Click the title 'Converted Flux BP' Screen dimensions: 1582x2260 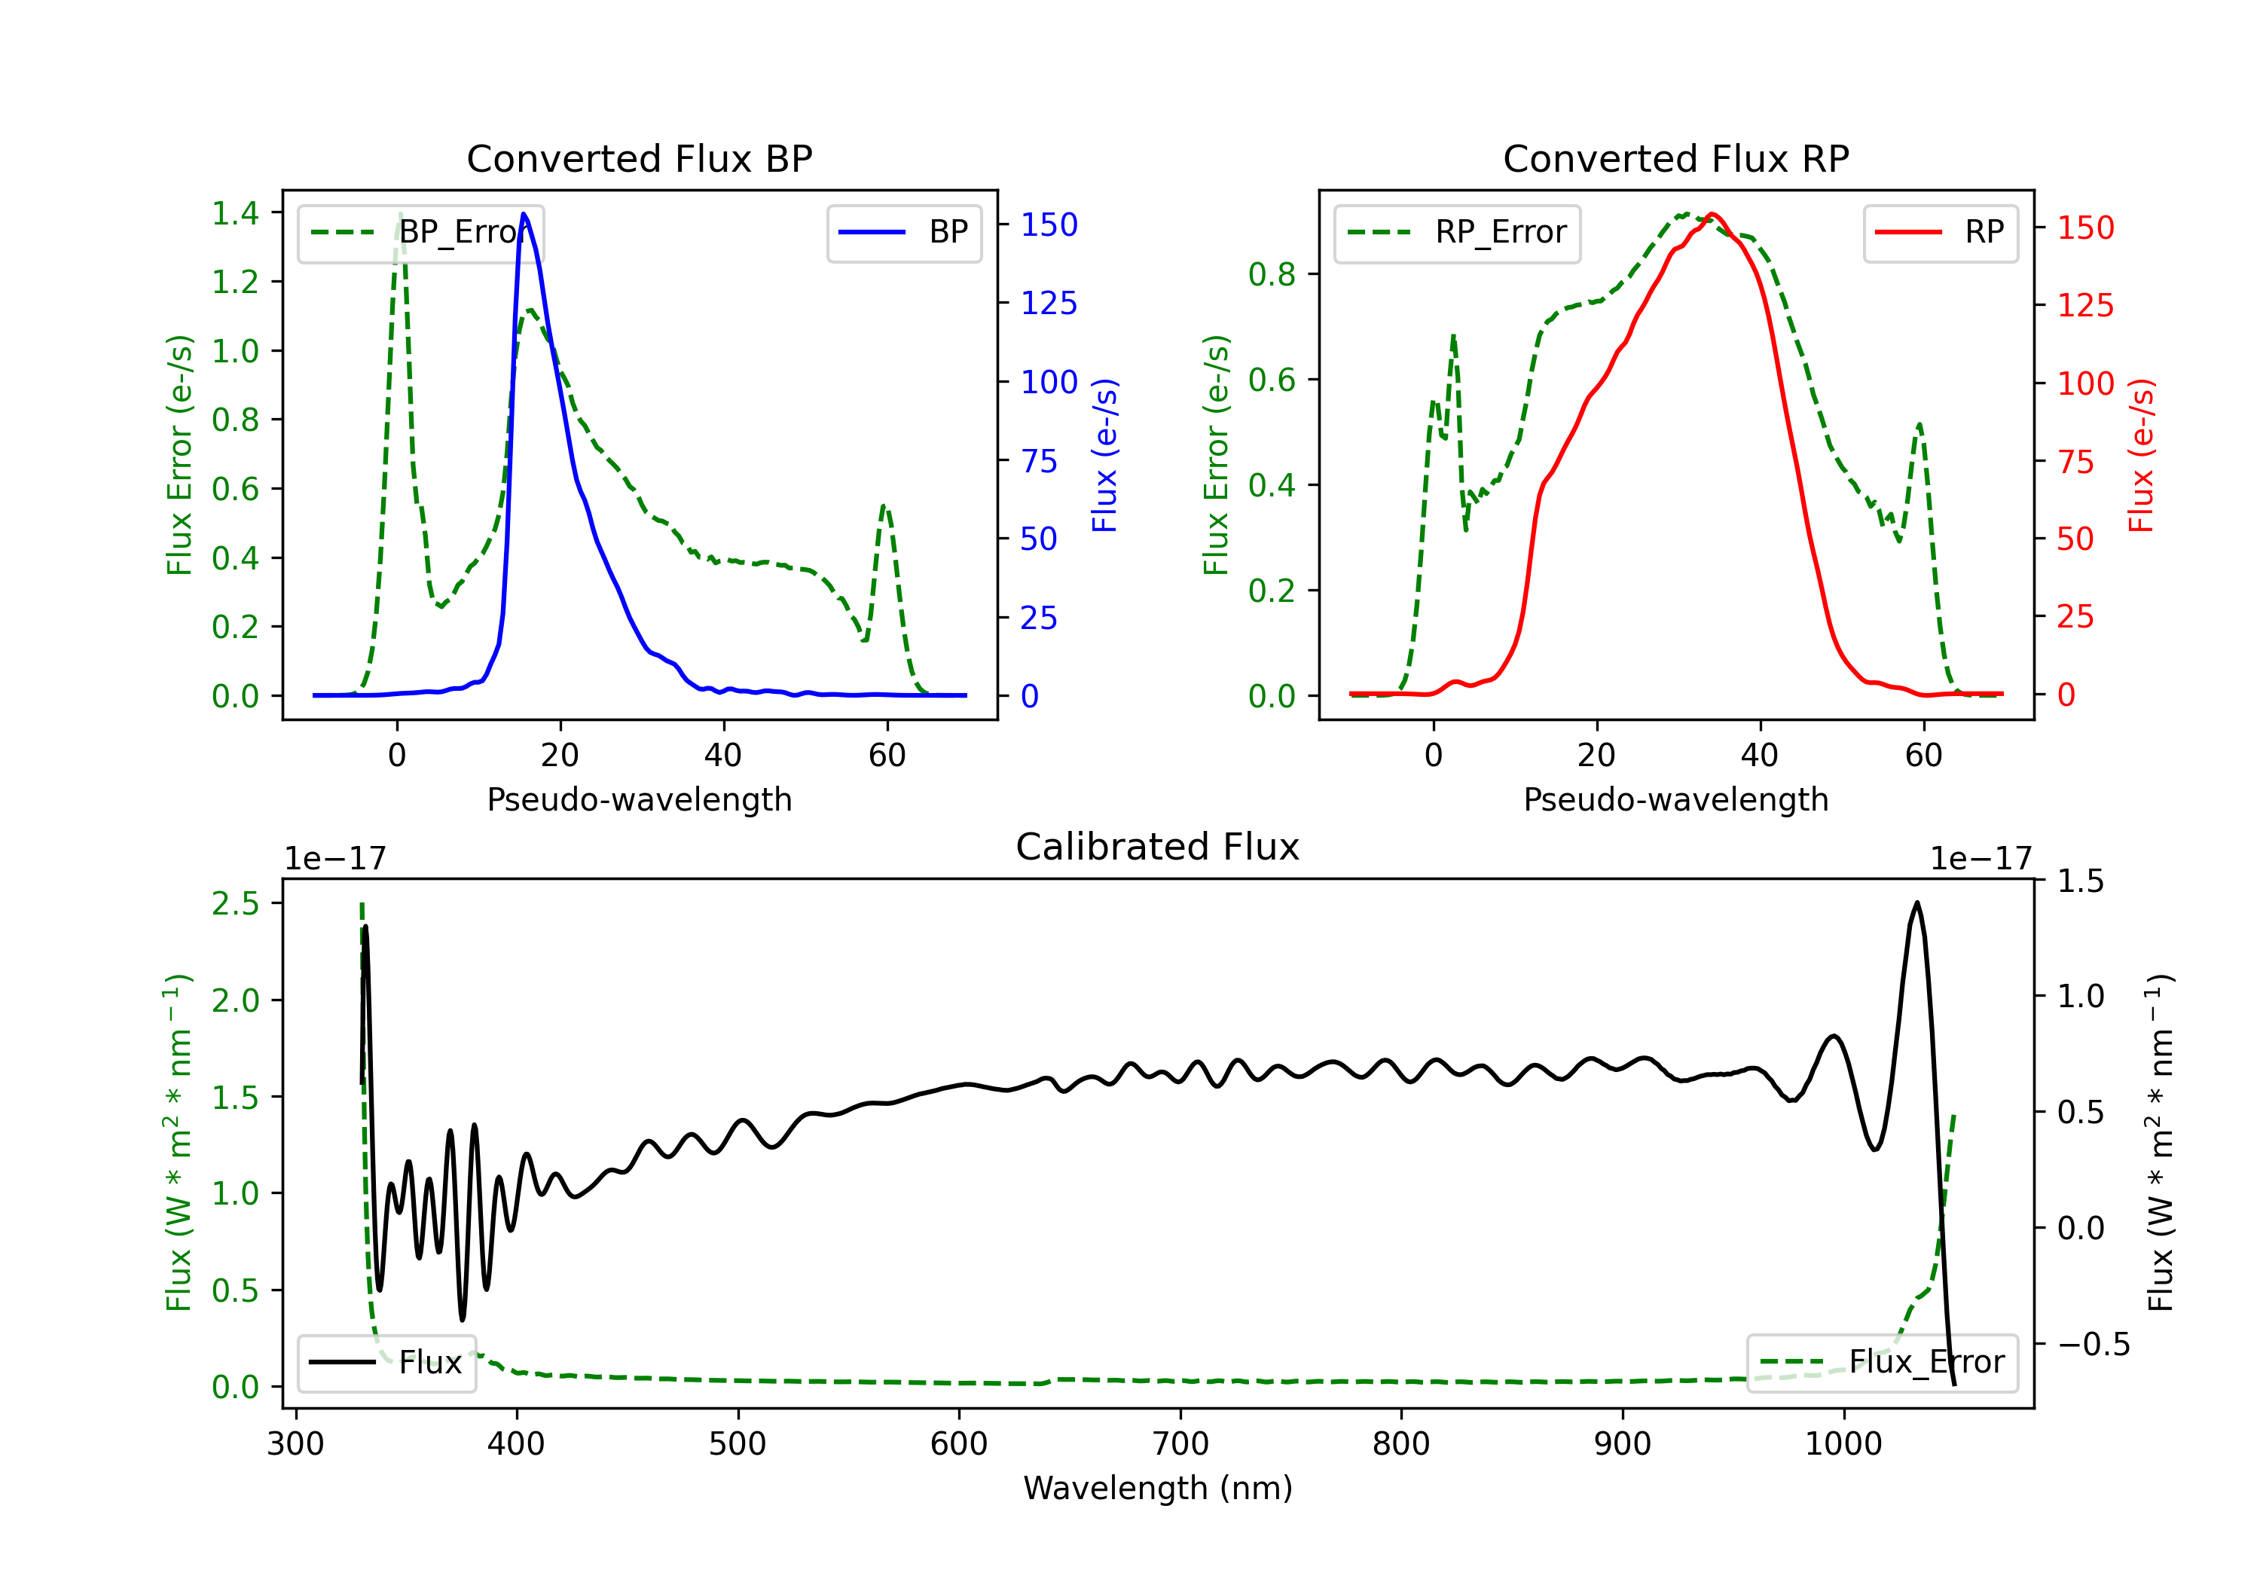tap(639, 158)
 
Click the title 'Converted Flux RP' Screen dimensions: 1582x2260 tap(1675, 158)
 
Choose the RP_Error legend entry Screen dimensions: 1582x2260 tap(1457, 232)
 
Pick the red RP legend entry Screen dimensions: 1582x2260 tap(1940, 232)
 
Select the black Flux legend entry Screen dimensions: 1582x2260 tap(386, 1363)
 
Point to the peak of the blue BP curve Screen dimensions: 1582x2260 tap(524, 214)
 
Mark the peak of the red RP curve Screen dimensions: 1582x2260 tap(1713, 214)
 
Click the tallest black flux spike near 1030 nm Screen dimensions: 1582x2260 tap(1916, 902)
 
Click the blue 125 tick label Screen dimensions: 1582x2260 tap(1049, 303)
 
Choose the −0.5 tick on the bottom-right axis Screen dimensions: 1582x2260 tap(2093, 1344)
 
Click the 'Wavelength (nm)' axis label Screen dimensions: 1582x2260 tap(1158, 1488)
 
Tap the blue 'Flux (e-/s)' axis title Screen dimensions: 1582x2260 tap(1105, 456)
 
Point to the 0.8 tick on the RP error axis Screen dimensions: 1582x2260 tap(1272, 275)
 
